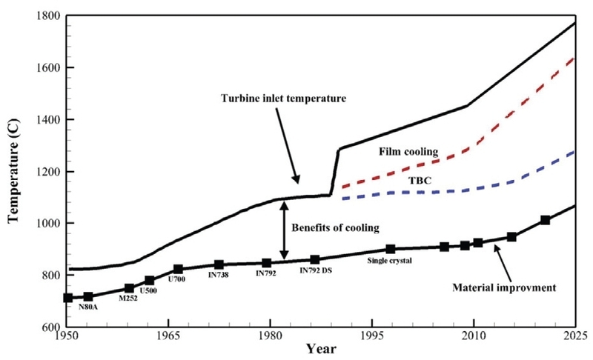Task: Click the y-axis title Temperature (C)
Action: click(13, 171)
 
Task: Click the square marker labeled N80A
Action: click(88, 297)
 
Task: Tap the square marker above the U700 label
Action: click(178, 270)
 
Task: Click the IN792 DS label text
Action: click(316, 270)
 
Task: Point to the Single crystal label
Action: click(389, 259)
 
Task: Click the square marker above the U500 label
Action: click(150, 281)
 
